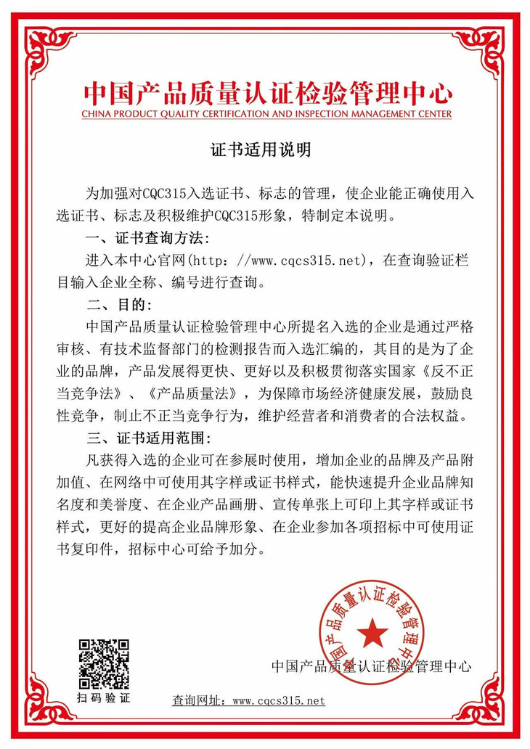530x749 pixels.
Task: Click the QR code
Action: (x=104, y=663)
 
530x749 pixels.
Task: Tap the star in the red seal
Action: (x=372, y=632)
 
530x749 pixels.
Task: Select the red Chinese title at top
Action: (x=266, y=93)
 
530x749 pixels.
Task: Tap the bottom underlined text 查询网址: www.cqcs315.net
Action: (x=248, y=700)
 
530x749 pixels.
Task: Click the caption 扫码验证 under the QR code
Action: (x=104, y=698)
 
